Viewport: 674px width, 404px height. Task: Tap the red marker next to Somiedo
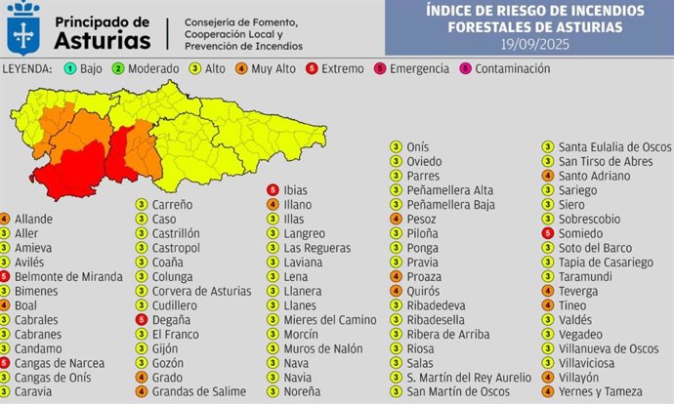[550, 233]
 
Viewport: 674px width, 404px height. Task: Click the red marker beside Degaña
[141, 319]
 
